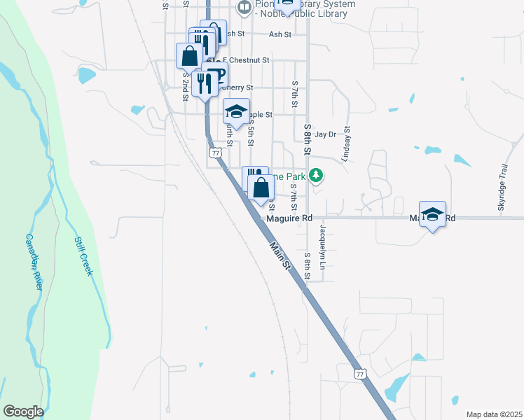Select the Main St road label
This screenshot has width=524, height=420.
click(279, 255)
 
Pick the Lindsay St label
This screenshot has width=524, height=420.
click(345, 144)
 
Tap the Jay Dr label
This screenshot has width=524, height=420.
click(326, 134)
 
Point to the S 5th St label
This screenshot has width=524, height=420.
click(250, 130)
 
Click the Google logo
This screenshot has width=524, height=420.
click(22, 412)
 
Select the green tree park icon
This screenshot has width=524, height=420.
click(317, 174)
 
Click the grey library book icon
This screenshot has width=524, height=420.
click(244, 8)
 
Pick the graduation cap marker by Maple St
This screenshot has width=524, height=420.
click(236, 111)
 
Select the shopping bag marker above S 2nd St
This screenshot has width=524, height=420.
click(189, 55)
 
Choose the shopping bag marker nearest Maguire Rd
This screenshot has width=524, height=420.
click(261, 188)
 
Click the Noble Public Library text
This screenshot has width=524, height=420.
click(305, 14)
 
